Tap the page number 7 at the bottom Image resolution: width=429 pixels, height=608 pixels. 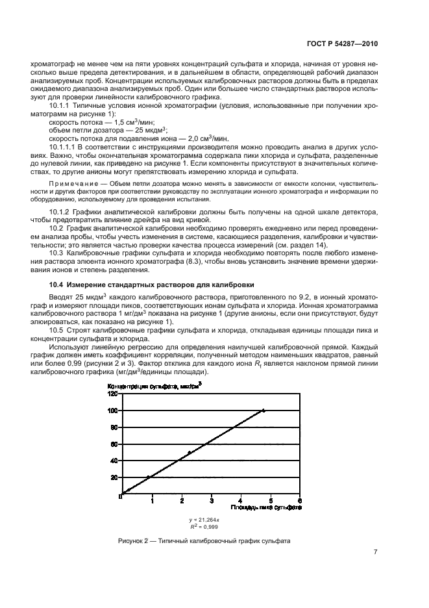tap(376, 553)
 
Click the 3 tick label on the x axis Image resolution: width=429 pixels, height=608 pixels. tap(210, 500)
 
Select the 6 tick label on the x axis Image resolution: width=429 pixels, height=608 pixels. tap(299, 500)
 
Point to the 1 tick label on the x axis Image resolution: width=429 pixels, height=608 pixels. tap(151, 500)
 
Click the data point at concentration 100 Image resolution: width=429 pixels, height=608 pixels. tap(264, 411)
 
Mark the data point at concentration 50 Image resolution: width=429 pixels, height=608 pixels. tap(190, 452)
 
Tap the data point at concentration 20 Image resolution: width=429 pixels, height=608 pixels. tap(149, 477)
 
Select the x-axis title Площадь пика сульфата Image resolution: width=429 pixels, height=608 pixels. tap(265, 507)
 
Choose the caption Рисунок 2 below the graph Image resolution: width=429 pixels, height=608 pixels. tap(204, 541)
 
